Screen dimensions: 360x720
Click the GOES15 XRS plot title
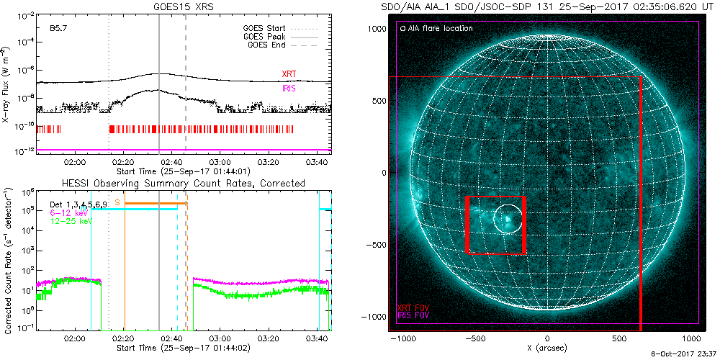184,6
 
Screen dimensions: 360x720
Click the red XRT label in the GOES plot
288,73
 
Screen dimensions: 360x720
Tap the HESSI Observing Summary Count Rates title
184,184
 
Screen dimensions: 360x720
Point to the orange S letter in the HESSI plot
117,203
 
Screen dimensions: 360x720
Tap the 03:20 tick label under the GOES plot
269,163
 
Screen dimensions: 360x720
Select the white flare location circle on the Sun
508,217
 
